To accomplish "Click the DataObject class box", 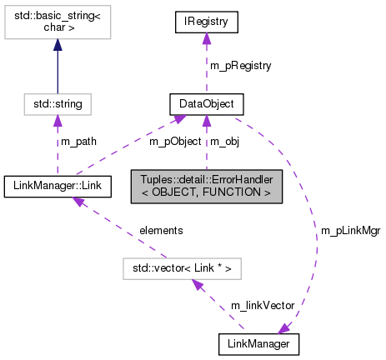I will (x=206, y=104).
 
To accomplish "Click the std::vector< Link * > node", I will (x=182, y=268).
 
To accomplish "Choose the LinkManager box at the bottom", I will (x=258, y=342).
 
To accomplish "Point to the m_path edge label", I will (x=78, y=141).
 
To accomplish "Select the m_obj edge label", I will (x=223, y=141).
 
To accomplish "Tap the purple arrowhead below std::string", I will (x=58, y=122).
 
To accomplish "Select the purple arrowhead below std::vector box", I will (x=197, y=285).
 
